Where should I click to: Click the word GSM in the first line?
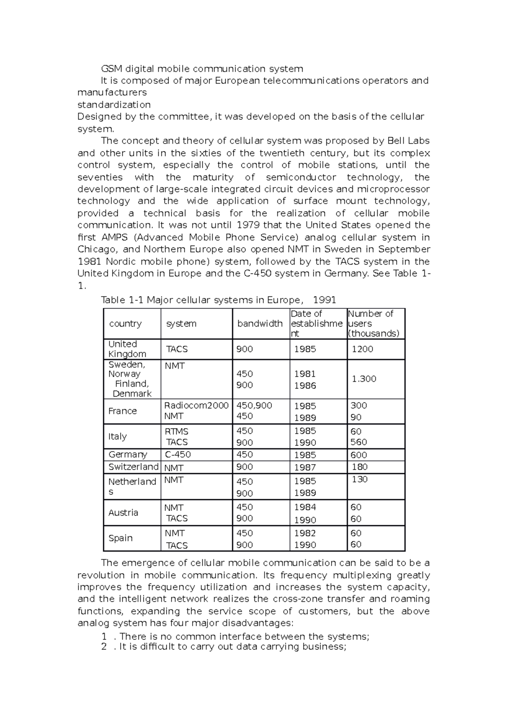point(110,69)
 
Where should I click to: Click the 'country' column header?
point(125,324)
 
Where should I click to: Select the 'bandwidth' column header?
point(260,324)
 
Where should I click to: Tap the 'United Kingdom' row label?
point(127,349)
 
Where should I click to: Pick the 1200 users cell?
point(362,349)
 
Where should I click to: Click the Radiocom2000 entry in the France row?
point(196,405)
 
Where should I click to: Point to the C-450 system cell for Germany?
point(177,454)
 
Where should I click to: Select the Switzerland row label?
point(133,467)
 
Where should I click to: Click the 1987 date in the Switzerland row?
point(305,468)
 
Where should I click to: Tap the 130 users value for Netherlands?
point(359,479)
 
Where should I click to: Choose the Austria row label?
point(123,513)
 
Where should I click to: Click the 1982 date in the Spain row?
point(305,533)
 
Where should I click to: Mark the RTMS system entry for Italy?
point(176,432)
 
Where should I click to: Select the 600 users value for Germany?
point(359,455)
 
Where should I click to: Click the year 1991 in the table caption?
point(324,300)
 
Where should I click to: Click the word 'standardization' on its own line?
point(114,105)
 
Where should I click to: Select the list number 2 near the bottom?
point(104,647)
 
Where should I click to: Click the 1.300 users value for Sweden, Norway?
point(364,379)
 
